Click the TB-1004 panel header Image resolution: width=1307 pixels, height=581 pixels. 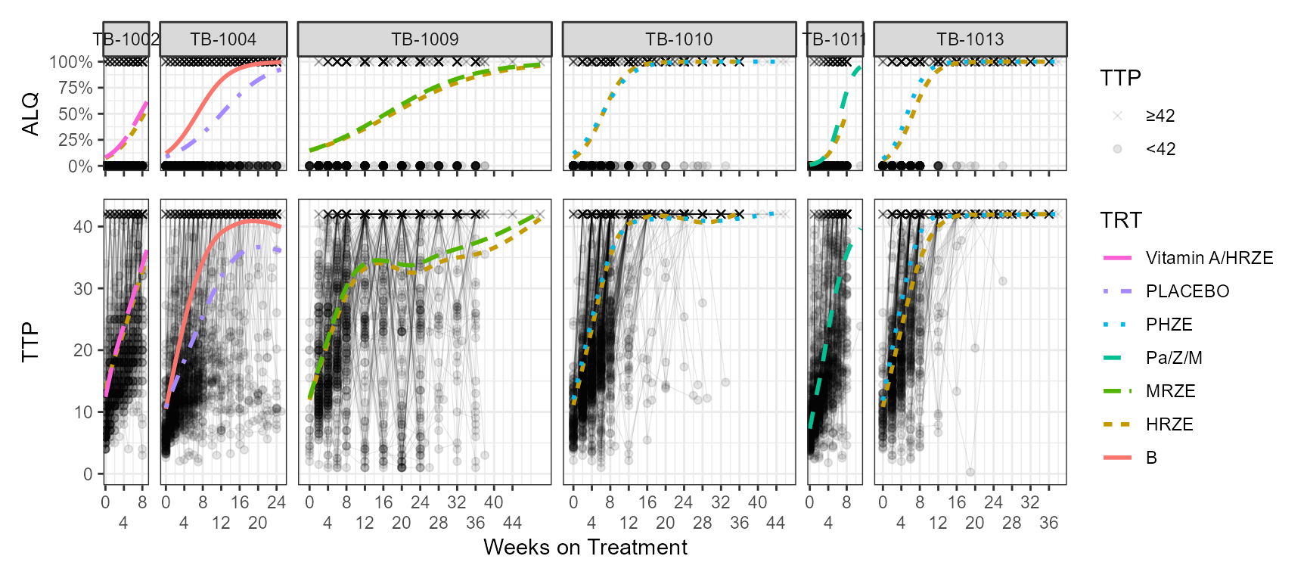point(223,39)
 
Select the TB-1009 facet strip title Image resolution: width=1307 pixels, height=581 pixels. point(424,39)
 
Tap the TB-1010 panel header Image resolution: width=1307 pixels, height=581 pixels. point(678,39)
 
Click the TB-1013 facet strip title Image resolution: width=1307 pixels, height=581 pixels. point(970,39)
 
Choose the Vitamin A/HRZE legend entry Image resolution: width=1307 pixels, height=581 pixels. point(1209,258)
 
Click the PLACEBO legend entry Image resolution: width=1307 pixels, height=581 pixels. point(1187,291)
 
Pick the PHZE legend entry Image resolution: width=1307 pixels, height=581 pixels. point(1169,325)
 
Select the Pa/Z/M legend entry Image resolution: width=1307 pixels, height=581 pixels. point(1173,358)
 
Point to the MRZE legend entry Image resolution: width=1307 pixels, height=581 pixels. point(1170,391)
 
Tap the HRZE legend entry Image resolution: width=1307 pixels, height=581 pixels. point(1169,424)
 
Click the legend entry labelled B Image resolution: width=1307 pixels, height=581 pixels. point(1151,458)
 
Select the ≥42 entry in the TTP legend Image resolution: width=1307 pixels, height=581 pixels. point(1160,116)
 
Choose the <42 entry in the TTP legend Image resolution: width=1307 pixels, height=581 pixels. point(1160,149)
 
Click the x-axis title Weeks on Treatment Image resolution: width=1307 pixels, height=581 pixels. point(585,547)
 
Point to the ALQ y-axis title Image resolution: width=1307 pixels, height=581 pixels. point(30,114)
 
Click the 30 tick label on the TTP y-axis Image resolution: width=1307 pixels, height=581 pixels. point(83,288)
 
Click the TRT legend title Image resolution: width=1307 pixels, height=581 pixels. point(1120,220)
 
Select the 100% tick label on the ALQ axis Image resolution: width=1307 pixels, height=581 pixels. point(71,62)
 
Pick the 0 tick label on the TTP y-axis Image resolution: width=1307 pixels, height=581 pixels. point(88,474)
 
